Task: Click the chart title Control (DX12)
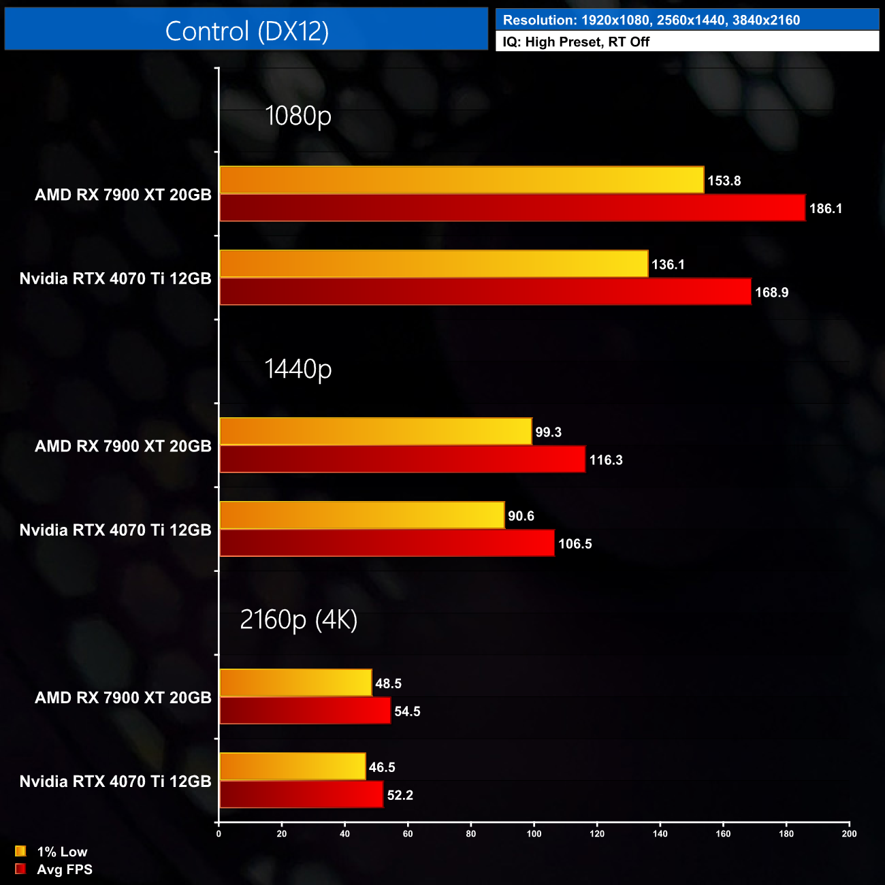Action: point(246,31)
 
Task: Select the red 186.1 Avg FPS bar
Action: point(512,208)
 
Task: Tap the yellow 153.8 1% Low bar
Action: point(462,180)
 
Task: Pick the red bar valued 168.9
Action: point(485,292)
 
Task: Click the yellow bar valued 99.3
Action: point(375,432)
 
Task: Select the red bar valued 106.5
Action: point(387,543)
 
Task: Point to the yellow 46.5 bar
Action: point(292,767)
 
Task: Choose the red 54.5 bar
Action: point(305,711)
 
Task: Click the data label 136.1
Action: point(668,264)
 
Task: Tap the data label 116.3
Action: point(606,460)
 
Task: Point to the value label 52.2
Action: point(400,795)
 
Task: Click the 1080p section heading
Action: point(298,116)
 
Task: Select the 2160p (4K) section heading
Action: point(298,619)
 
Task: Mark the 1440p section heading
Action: point(298,369)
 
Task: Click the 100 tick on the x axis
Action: point(534,834)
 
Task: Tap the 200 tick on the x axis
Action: point(849,834)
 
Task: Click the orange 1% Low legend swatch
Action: point(20,851)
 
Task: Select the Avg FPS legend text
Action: point(65,869)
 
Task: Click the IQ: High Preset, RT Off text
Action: point(576,42)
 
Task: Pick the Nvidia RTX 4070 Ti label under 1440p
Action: point(115,530)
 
